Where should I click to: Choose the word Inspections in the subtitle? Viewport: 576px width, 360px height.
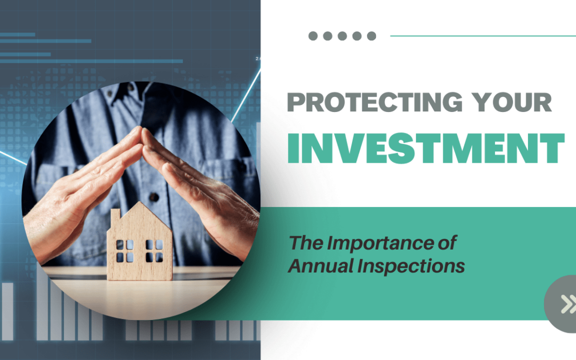tap(414, 266)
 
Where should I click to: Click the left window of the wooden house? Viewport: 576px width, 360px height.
tap(125, 250)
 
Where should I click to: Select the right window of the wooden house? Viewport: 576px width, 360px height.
tap(155, 250)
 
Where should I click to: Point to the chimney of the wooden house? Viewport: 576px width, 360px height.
tap(115, 216)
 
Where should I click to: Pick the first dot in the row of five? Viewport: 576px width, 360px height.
tap(313, 36)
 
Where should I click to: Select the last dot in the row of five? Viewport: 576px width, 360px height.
tap(371, 36)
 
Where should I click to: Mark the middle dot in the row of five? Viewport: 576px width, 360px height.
tap(342, 36)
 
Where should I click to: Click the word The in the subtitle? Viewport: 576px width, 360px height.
tap(306, 243)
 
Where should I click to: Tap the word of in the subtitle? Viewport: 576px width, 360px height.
tap(446, 243)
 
